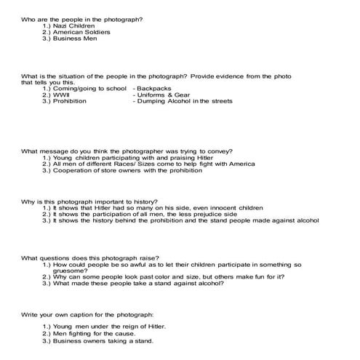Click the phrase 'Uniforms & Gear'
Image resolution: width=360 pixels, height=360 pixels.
(x=162, y=95)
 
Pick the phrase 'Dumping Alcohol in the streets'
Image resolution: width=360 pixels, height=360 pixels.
(x=185, y=101)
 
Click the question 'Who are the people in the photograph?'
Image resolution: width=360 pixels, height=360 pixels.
(x=81, y=17)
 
